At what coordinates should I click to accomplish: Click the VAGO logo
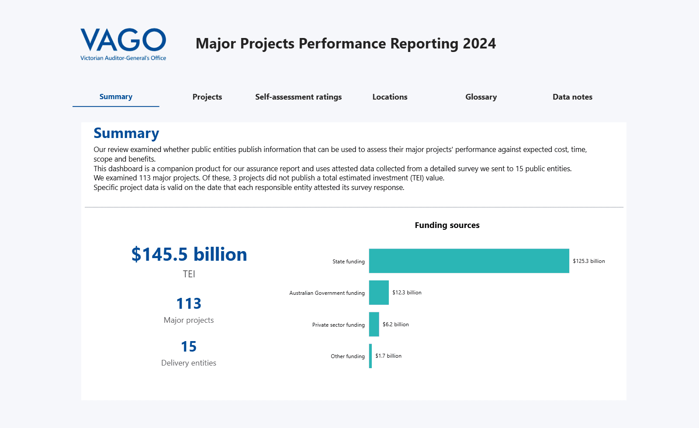pyautogui.click(x=123, y=44)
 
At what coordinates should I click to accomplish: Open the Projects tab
pyautogui.click(x=207, y=97)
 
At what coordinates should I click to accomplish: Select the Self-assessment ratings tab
pyautogui.click(x=298, y=97)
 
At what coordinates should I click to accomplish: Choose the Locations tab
pyautogui.click(x=390, y=97)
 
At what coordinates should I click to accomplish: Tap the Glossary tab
pyautogui.click(x=481, y=97)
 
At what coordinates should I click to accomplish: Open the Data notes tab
pyautogui.click(x=572, y=97)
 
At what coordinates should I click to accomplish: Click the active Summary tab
pyautogui.click(x=116, y=97)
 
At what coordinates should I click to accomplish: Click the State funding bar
pyautogui.click(x=469, y=261)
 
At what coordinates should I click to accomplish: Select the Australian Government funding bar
pyautogui.click(x=379, y=293)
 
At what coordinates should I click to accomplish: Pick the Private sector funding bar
pyautogui.click(x=374, y=324)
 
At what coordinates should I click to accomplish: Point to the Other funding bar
pyautogui.click(x=370, y=356)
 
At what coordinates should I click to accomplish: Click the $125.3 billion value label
pyautogui.click(x=589, y=261)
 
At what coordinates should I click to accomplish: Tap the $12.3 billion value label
pyautogui.click(x=407, y=293)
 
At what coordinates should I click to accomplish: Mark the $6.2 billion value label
pyautogui.click(x=396, y=324)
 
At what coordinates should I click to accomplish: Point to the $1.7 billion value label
pyautogui.click(x=388, y=356)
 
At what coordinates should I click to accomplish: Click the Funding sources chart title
pyautogui.click(x=447, y=225)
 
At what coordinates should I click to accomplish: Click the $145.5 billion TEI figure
pyautogui.click(x=189, y=254)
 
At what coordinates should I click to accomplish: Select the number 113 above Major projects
pyautogui.click(x=189, y=304)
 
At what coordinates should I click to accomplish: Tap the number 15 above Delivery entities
pyautogui.click(x=189, y=347)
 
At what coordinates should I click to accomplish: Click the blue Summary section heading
pyautogui.click(x=126, y=133)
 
